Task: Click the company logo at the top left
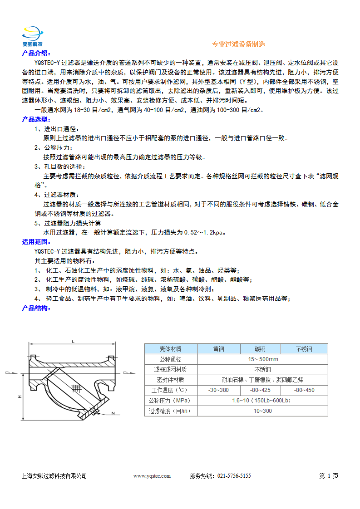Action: [x=33, y=36]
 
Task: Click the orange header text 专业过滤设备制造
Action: [x=239, y=44]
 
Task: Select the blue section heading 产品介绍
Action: [x=37, y=54]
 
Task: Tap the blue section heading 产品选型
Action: [x=37, y=119]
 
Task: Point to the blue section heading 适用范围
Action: [x=37, y=242]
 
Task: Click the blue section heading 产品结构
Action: [x=37, y=308]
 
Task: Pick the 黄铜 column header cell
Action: [x=218, y=349]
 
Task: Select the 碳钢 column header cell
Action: [x=260, y=349]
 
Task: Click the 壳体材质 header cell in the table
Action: [x=171, y=349]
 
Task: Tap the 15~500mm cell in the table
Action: [x=262, y=359]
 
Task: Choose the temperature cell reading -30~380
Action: [x=218, y=390]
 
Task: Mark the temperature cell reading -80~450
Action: [x=304, y=390]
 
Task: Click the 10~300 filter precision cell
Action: [x=262, y=411]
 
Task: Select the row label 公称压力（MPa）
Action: [x=171, y=401]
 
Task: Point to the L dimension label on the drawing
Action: [x=73, y=342]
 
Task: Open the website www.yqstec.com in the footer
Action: [x=152, y=476]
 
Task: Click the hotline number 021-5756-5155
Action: [x=234, y=476]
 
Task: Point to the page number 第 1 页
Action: [x=329, y=476]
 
